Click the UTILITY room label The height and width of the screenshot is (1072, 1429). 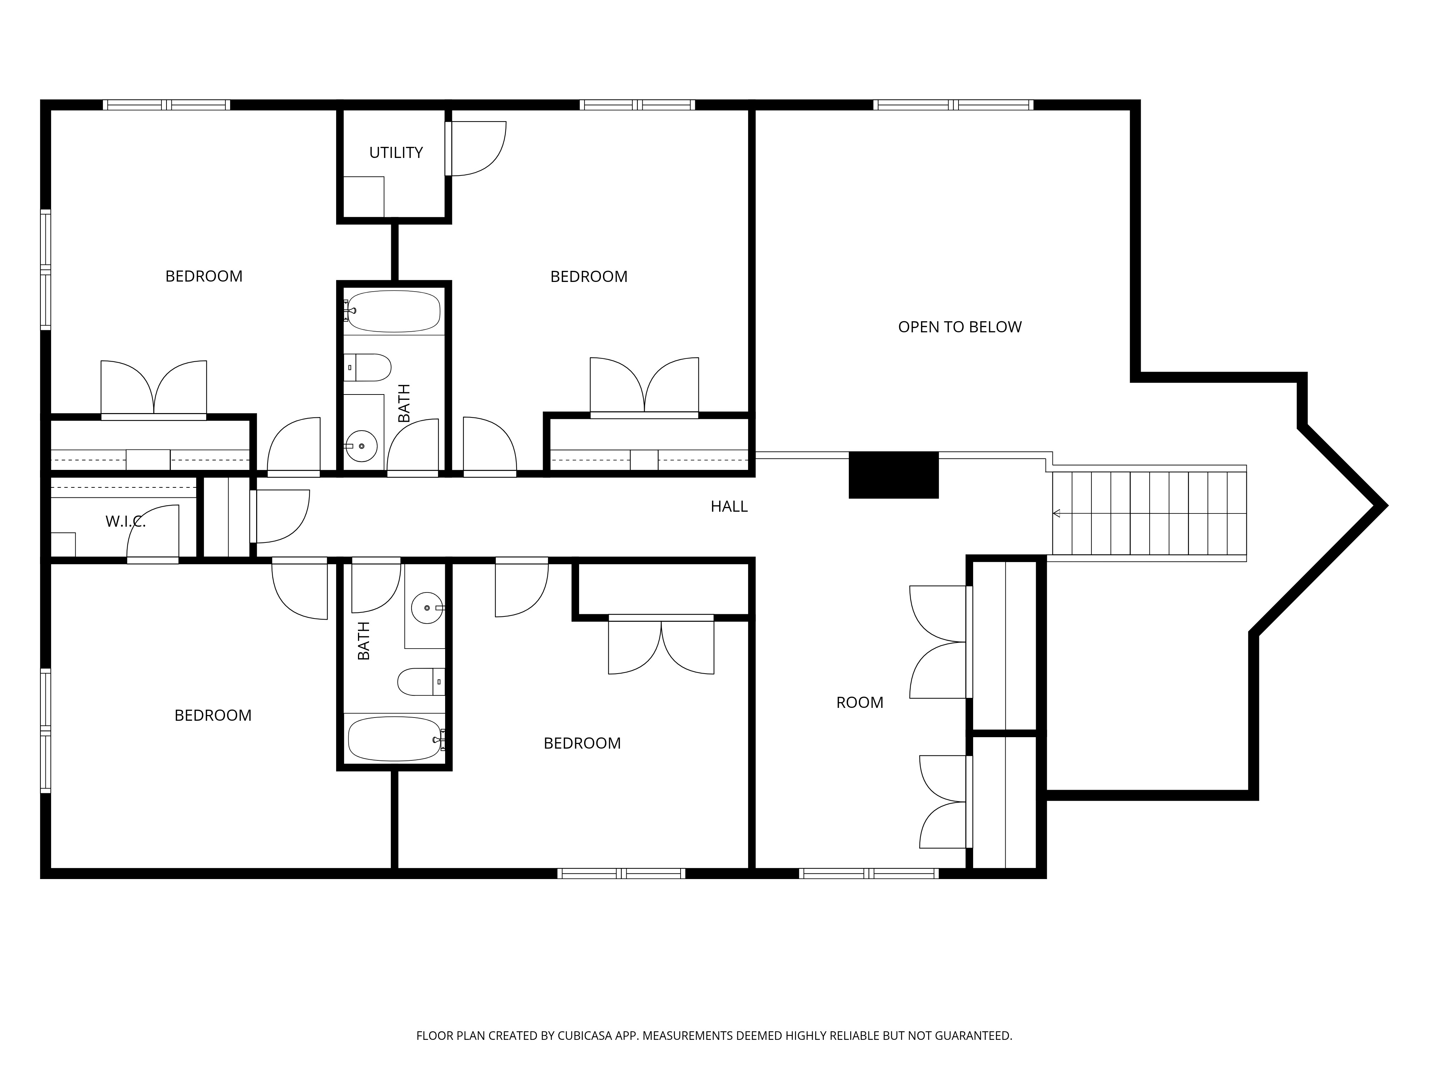point(395,153)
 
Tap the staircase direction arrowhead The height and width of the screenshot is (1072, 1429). point(1057,514)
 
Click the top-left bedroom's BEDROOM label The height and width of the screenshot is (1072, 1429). point(204,276)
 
